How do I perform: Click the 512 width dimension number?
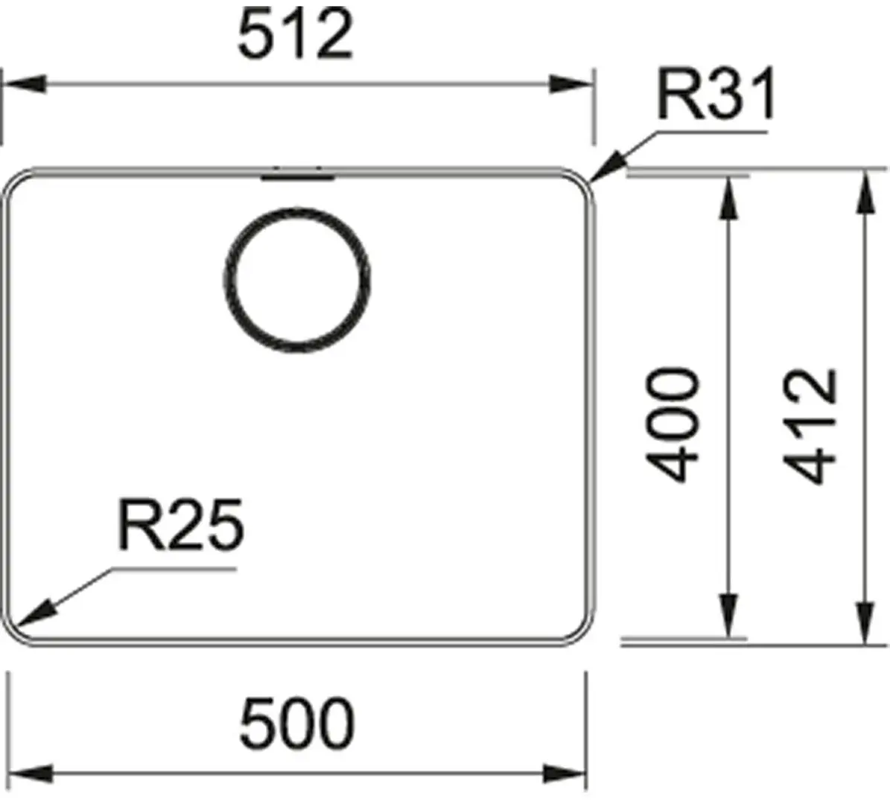tap(295, 35)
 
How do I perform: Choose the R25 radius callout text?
tap(180, 526)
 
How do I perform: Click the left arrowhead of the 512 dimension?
tap(22, 84)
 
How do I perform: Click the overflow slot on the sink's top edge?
tap(297, 175)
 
